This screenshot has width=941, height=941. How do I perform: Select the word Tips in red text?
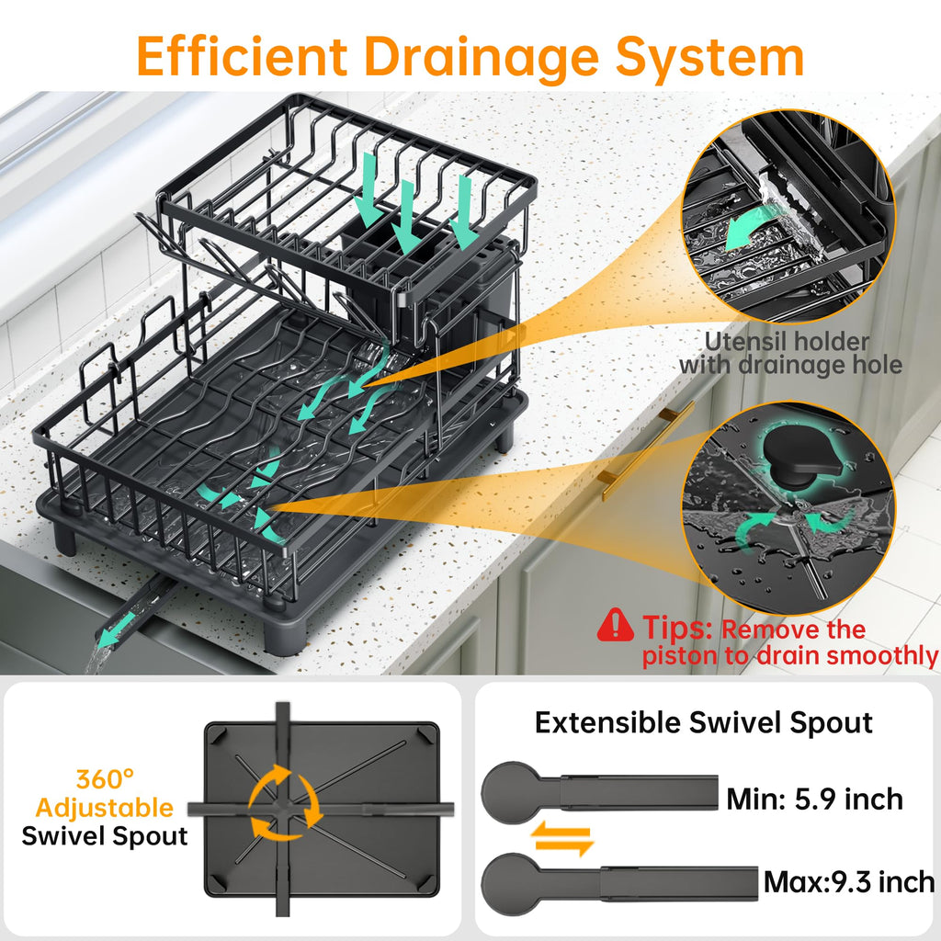[x=677, y=629]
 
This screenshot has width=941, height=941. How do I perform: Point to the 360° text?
[x=105, y=779]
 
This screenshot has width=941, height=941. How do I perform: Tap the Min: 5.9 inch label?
[x=814, y=799]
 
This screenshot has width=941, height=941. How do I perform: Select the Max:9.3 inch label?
[x=849, y=883]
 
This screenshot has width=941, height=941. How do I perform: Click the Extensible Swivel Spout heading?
[x=703, y=722]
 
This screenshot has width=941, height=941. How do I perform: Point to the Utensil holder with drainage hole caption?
[x=789, y=354]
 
